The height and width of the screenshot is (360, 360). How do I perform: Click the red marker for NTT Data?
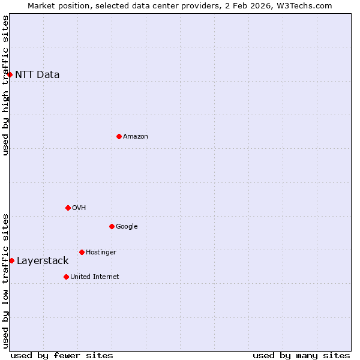[10, 74]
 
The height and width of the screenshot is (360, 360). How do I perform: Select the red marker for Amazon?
[119, 136]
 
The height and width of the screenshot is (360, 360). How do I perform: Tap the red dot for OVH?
[68, 208]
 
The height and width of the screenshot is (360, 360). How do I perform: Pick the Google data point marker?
[112, 226]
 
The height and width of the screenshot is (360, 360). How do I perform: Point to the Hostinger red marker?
[82, 252]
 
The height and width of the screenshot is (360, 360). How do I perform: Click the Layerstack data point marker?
[11, 260]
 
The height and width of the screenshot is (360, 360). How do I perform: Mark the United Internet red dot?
[66, 277]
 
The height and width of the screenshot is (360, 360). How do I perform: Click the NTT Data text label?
[37, 74]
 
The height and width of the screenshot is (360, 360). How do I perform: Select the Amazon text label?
[136, 137]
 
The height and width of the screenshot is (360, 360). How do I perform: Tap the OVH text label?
[79, 208]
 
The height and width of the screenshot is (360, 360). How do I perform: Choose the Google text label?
[127, 227]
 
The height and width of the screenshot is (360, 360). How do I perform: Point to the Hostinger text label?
[101, 253]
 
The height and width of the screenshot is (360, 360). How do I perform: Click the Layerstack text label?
[43, 260]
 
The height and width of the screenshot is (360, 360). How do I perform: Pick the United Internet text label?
[95, 277]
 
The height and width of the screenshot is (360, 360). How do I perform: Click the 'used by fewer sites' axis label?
[62, 355]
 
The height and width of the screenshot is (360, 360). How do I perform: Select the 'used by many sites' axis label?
[301, 355]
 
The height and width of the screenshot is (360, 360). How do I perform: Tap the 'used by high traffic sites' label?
[5, 85]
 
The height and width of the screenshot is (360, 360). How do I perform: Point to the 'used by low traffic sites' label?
[5, 281]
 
